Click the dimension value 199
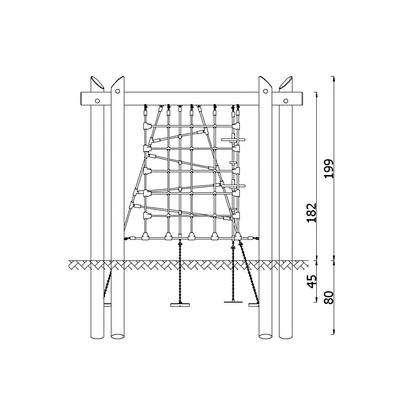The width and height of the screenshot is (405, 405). (329, 168)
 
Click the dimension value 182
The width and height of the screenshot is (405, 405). (311, 213)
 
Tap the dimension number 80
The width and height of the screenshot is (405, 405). (329, 298)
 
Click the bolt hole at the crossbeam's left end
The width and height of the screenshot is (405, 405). (97, 101)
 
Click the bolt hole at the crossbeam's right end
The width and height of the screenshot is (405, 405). (286, 101)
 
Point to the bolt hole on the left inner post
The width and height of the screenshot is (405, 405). (118, 91)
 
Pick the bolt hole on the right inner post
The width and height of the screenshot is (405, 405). (265, 91)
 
